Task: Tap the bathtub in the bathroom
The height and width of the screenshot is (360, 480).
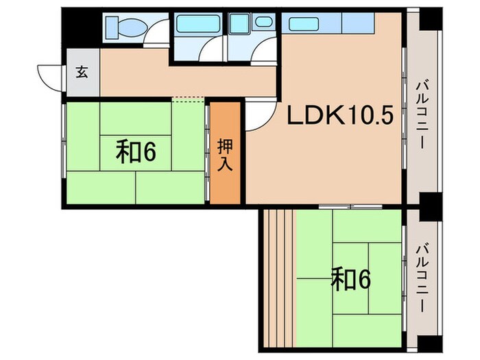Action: [198, 24]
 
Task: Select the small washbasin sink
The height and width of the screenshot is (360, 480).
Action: [263, 21]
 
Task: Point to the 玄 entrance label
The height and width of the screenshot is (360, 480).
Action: [82, 73]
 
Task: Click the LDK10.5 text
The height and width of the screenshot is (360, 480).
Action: [339, 117]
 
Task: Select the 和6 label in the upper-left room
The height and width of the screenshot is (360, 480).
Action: [135, 152]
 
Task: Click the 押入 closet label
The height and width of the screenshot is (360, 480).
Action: [225, 155]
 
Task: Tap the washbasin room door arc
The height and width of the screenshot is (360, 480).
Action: [264, 51]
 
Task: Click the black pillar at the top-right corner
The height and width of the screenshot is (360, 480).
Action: [431, 19]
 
